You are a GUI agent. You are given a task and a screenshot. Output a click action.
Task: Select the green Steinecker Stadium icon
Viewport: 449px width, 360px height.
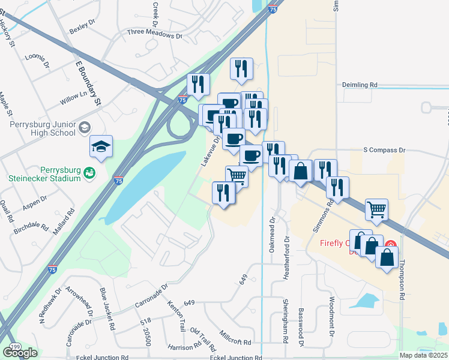pyautogui.click(x=89, y=173)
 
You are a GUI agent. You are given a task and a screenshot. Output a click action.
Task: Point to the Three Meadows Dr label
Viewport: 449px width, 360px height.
pyautogui.click(x=154, y=35)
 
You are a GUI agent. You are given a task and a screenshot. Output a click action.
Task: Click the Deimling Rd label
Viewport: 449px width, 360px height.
pyautogui.click(x=360, y=85)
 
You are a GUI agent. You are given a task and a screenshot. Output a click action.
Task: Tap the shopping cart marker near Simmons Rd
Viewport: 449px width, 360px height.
pyautogui.click(x=376, y=210)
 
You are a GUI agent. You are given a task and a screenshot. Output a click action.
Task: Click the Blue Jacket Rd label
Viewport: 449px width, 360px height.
pyautogui.click(x=107, y=308)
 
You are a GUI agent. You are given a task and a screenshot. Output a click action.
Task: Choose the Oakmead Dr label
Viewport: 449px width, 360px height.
pyautogui.click(x=273, y=230)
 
